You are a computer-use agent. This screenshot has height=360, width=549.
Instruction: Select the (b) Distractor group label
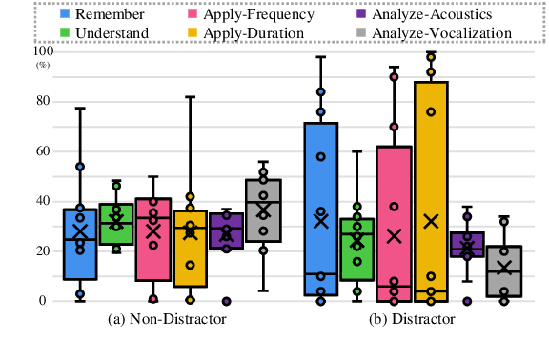(x=413, y=318)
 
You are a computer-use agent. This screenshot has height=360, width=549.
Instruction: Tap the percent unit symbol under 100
(x=43, y=65)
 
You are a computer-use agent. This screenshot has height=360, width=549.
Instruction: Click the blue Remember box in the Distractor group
(x=321, y=190)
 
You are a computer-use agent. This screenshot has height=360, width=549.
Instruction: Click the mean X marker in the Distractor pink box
(x=394, y=236)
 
